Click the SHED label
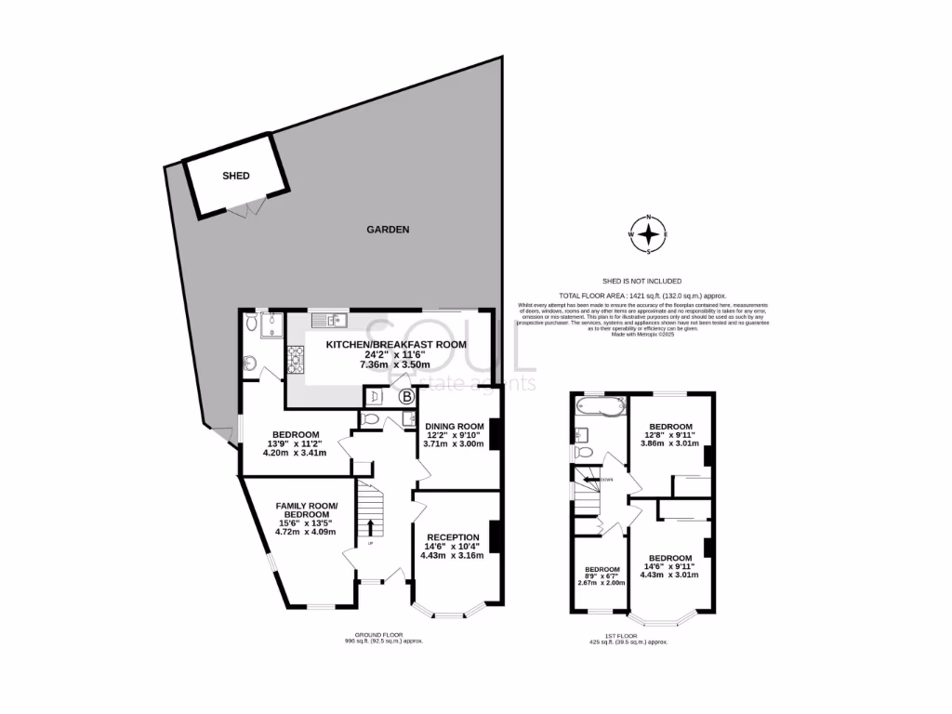[x=236, y=175]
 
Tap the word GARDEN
[x=388, y=230]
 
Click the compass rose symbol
[x=649, y=234]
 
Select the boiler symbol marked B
[x=406, y=397]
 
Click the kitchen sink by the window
[x=330, y=322]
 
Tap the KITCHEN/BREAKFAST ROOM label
[x=395, y=345]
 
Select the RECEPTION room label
[x=453, y=537]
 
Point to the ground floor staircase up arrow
[x=371, y=529]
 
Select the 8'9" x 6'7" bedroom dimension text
[x=602, y=576]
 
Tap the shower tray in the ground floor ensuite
[x=272, y=324]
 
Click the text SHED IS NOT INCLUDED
[x=642, y=281]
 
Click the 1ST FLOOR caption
[x=628, y=636]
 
